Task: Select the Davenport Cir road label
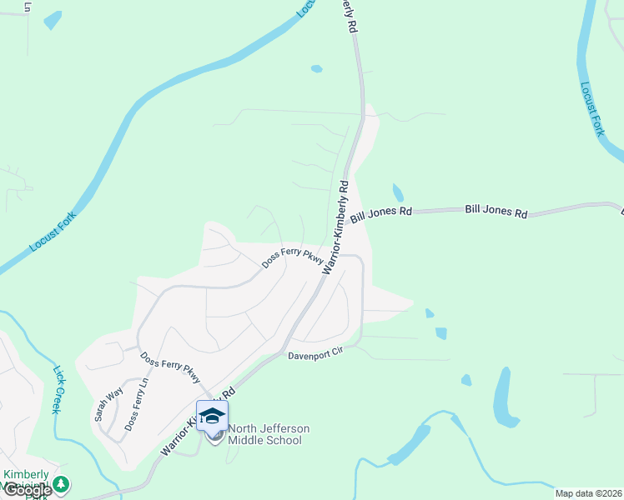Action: coord(316,354)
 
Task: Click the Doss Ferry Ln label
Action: coord(136,405)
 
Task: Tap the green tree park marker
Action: coord(60,484)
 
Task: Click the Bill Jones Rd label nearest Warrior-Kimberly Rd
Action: coord(382,214)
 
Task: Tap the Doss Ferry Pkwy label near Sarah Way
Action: coord(170,368)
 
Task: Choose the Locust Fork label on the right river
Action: coord(591,109)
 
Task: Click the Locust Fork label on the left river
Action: coord(53,232)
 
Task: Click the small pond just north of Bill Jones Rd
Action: coord(398,192)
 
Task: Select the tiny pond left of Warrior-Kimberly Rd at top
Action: coord(316,68)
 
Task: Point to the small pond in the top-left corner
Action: coord(53,19)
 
